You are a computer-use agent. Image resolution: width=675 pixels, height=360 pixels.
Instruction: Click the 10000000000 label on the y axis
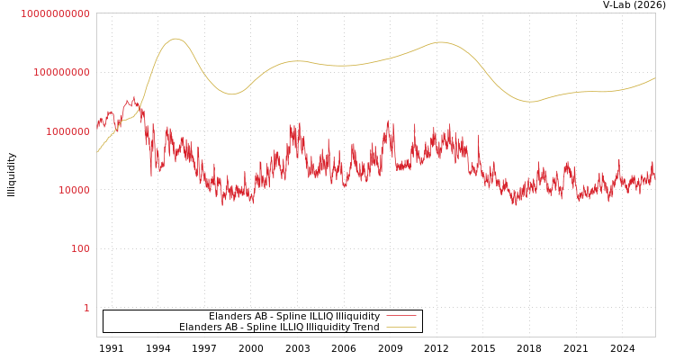pyautogui.click(x=55, y=13)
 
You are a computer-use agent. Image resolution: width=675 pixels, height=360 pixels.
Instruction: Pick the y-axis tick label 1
pyautogui.click(x=86, y=308)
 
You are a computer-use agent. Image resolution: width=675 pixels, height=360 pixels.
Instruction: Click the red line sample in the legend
pyautogui.click(x=401, y=316)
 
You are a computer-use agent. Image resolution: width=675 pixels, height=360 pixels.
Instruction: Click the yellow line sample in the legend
pyautogui.click(x=401, y=327)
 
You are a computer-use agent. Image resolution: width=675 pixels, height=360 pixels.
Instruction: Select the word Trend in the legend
pyautogui.click(x=365, y=327)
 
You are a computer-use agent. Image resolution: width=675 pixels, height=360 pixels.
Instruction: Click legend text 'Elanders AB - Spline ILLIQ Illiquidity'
pyautogui.click(x=293, y=316)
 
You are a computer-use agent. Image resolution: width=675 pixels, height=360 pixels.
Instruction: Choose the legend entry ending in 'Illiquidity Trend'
pyautogui.click(x=279, y=327)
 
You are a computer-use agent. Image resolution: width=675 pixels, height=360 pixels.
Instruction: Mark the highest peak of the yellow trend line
pyautogui.click(x=175, y=39)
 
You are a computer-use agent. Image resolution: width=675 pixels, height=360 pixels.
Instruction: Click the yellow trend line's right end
pyautogui.click(x=654, y=78)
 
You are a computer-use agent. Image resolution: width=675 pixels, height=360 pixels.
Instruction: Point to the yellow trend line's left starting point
pyautogui.click(x=97, y=151)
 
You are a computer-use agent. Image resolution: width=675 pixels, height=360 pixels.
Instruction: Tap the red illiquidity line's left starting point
pyautogui.click(x=97, y=124)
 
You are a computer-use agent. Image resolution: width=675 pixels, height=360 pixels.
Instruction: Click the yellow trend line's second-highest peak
pyautogui.click(x=439, y=42)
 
